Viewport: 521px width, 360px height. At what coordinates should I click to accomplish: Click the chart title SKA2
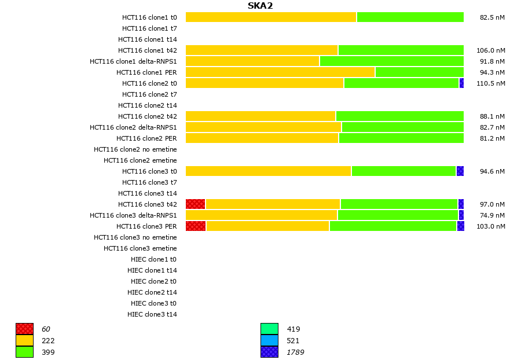[260, 6]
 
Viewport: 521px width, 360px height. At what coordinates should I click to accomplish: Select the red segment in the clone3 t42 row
[196, 204]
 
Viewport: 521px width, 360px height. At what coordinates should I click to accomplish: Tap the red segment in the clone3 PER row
[196, 226]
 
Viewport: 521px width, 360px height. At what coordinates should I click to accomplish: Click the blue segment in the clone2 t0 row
[461, 83]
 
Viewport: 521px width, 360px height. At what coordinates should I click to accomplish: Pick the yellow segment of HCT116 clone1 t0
[271, 17]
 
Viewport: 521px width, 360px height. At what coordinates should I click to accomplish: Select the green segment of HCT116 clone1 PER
[419, 72]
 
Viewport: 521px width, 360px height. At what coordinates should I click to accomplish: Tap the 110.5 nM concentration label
[490, 83]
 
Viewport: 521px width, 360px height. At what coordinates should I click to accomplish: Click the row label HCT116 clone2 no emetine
[135, 149]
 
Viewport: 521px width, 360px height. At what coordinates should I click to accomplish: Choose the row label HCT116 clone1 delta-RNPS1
[133, 61]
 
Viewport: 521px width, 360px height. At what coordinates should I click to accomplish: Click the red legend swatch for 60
[24, 329]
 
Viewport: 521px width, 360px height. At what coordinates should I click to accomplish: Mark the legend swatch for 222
[24, 340]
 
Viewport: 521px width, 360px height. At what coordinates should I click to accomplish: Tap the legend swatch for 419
[269, 329]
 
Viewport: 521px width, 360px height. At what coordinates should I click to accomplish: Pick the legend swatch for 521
[269, 340]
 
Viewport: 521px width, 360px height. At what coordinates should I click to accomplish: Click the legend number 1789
[295, 352]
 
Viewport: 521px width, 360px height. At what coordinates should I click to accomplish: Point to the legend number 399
[48, 352]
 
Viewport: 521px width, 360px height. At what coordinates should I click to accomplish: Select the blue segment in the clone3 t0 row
[460, 171]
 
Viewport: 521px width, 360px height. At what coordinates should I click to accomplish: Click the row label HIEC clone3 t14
[152, 314]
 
